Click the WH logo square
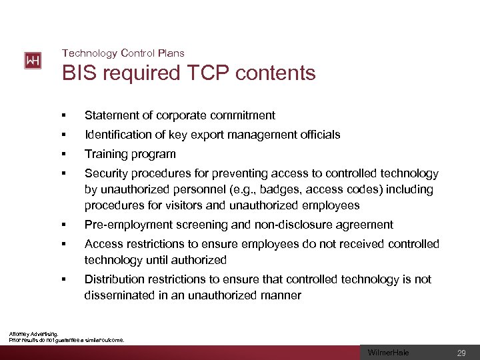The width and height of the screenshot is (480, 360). point(33,61)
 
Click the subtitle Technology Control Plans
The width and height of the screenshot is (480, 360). point(123,53)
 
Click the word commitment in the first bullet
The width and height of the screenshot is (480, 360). point(241,115)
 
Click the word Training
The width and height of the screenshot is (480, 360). point(106,154)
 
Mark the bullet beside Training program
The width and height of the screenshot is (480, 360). point(65,155)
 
